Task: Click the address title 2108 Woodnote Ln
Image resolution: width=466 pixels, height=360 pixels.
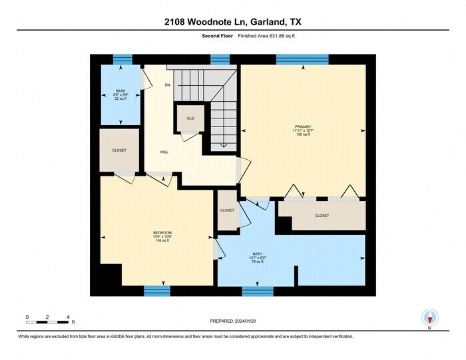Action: (232, 21)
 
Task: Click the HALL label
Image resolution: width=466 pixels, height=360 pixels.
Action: (164, 152)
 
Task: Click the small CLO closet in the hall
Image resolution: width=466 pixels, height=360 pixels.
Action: (190, 118)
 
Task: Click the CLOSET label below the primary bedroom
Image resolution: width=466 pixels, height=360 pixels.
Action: (322, 216)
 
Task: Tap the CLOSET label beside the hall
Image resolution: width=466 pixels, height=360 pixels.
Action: (119, 150)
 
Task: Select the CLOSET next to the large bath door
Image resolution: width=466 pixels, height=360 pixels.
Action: (227, 210)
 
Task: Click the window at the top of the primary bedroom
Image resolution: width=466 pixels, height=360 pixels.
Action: (302, 59)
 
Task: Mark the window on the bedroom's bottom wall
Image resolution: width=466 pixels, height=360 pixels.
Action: (157, 291)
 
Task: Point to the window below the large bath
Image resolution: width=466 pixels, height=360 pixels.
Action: (258, 291)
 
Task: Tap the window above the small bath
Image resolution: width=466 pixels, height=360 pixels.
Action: (122, 59)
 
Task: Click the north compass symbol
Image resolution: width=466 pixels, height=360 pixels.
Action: (429, 317)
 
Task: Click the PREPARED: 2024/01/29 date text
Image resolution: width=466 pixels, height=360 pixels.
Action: (232, 321)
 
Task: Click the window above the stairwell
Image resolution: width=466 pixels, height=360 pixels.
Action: (220, 59)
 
